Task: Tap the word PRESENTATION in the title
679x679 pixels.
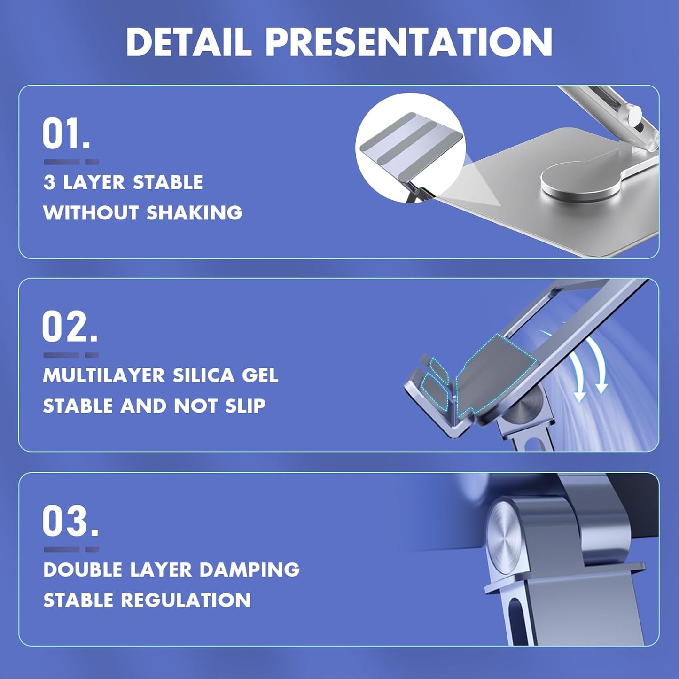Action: click(x=409, y=42)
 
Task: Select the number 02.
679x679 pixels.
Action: click(x=70, y=327)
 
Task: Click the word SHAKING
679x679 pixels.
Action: click(x=194, y=213)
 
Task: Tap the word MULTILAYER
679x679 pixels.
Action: click(x=103, y=375)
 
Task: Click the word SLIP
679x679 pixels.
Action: click(x=245, y=406)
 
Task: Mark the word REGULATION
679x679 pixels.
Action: click(x=186, y=600)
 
